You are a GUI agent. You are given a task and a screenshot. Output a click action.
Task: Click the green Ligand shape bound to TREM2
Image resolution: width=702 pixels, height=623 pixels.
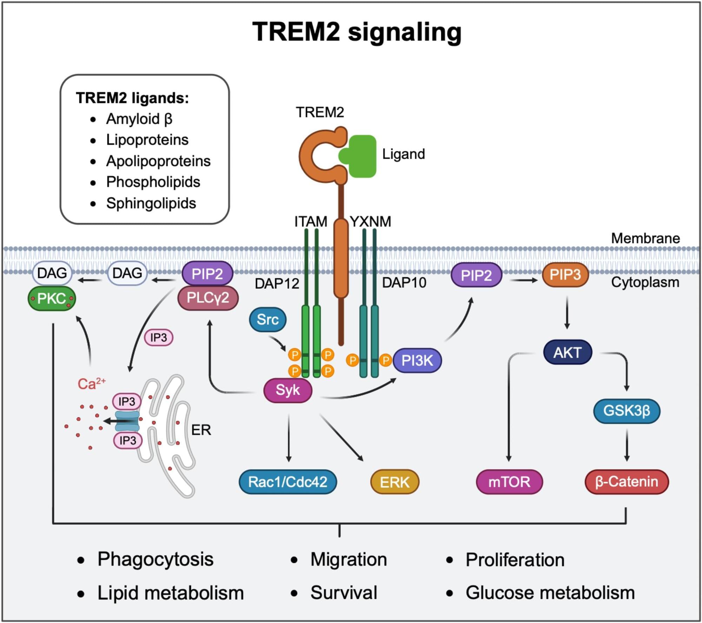click(360, 156)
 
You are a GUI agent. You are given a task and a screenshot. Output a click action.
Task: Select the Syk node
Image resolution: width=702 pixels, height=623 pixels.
click(288, 390)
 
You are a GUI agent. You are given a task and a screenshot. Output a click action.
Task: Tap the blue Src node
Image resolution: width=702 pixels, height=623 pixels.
click(267, 319)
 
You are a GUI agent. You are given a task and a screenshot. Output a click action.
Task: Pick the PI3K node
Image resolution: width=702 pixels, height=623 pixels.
click(417, 360)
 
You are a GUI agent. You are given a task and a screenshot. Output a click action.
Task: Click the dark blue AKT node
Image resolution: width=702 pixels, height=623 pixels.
click(567, 352)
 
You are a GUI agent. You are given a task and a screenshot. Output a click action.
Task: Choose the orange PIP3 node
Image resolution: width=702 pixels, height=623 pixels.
click(565, 274)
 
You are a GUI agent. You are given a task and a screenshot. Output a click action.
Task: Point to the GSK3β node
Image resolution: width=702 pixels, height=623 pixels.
click(627, 411)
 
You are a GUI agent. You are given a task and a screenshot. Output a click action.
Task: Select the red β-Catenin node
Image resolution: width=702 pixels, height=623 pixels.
click(627, 482)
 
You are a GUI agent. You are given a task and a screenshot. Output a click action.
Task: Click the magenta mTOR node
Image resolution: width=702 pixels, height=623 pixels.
click(509, 482)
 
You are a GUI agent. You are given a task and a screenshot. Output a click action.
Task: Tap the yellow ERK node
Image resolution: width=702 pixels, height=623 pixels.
click(395, 482)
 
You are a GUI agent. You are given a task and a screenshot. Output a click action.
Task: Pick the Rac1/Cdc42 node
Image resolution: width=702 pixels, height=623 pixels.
click(288, 482)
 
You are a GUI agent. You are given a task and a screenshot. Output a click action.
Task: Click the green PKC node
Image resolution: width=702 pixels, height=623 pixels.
click(52, 299)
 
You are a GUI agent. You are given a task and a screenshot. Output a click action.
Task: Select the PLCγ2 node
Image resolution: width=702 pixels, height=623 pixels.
click(208, 298)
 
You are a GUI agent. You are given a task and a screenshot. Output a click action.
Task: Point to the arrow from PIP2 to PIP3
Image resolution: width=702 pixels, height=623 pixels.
click(523, 280)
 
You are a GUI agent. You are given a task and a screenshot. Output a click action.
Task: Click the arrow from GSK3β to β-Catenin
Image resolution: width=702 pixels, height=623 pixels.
click(627, 445)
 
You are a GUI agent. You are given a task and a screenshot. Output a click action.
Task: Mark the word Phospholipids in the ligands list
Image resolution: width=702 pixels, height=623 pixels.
click(153, 182)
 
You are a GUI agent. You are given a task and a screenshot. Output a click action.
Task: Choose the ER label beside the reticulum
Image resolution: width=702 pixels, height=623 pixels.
click(201, 430)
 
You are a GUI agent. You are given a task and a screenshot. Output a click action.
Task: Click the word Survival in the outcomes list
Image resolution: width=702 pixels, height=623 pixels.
click(344, 593)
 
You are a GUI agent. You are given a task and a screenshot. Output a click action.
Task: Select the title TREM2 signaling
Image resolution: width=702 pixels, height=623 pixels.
click(357, 32)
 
